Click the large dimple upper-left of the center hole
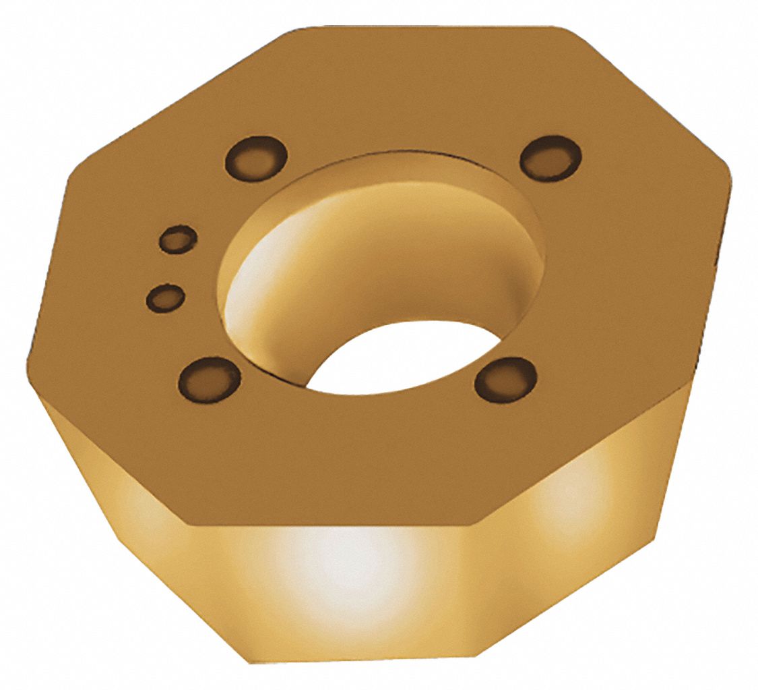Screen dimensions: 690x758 click(256, 159)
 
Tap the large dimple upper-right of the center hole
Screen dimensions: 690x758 click(550, 159)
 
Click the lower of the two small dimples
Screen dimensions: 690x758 click(165, 297)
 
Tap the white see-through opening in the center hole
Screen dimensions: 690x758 click(398, 357)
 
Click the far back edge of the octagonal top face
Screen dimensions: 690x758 click(431, 27)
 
